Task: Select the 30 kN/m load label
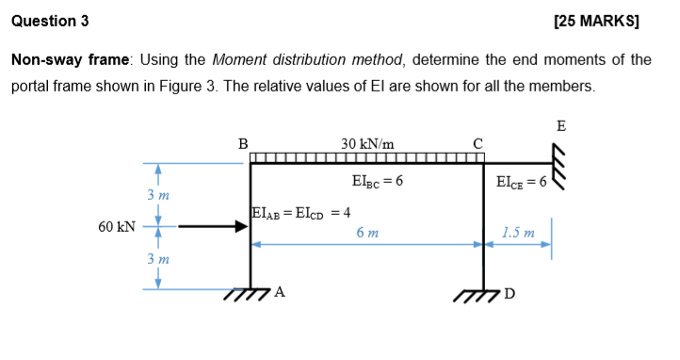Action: [x=367, y=144]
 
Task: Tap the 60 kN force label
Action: [x=116, y=227]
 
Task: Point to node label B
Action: [x=243, y=144]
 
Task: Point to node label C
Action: [x=478, y=144]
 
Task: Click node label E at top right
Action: [x=561, y=125]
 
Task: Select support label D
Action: [x=510, y=292]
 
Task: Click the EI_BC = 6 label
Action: [x=377, y=181]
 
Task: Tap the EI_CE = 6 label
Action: [x=520, y=181]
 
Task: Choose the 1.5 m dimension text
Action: [x=518, y=232]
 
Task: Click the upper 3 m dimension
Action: [x=157, y=195]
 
